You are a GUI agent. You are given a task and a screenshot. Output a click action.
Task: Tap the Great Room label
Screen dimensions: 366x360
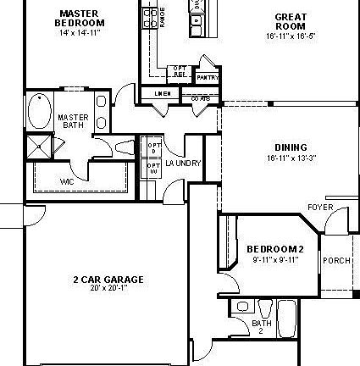pyautogui.click(x=291, y=21)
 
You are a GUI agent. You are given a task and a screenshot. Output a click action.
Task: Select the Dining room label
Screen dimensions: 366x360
pyautogui.click(x=291, y=147)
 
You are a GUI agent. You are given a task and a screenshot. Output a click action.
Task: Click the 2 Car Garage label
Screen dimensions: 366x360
pyautogui.click(x=108, y=279)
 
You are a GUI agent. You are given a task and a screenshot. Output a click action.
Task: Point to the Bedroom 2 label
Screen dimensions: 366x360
pyautogui.click(x=269, y=248)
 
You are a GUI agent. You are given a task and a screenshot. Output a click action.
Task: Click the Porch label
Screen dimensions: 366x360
pyautogui.click(x=332, y=260)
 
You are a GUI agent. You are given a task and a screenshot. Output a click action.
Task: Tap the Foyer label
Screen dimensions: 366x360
pyautogui.click(x=320, y=207)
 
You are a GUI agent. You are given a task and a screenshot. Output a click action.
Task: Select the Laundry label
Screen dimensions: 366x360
pyautogui.click(x=183, y=163)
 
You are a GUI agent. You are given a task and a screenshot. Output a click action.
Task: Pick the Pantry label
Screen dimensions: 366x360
pyautogui.click(x=207, y=78)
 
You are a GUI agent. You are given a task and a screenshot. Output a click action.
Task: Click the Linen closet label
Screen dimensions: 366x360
pyautogui.click(x=162, y=92)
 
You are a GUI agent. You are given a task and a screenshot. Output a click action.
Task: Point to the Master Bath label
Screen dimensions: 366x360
pyautogui.click(x=73, y=121)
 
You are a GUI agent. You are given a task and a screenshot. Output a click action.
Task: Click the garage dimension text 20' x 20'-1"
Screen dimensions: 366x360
pyautogui.click(x=108, y=288)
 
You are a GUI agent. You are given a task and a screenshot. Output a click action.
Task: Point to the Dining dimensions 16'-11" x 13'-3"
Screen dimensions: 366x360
pyautogui.click(x=291, y=158)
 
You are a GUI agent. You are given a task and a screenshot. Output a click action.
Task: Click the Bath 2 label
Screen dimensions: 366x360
pyautogui.click(x=262, y=326)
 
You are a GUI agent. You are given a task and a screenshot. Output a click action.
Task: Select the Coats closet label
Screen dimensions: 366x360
pyautogui.click(x=200, y=98)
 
